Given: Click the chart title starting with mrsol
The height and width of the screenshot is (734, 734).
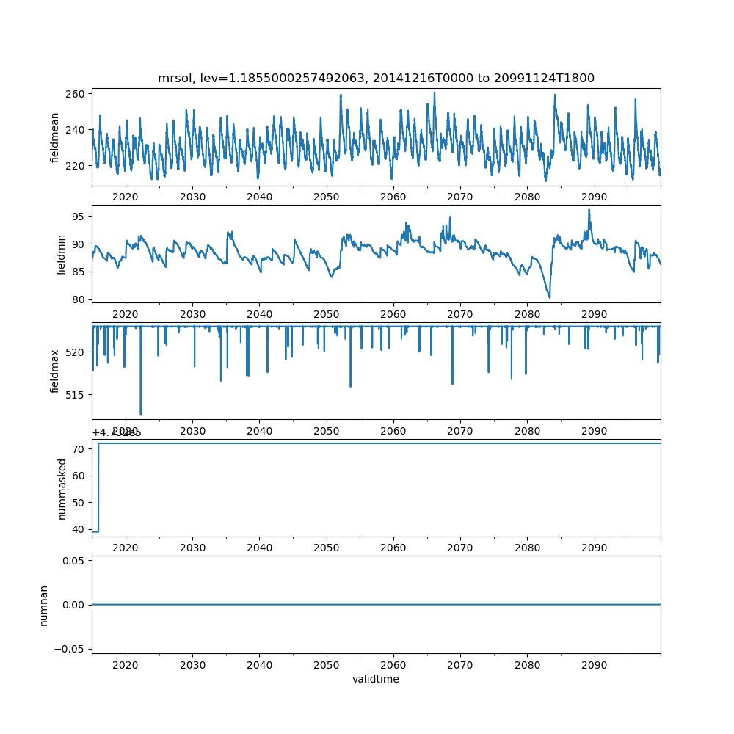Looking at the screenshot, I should click(x=376, y=78).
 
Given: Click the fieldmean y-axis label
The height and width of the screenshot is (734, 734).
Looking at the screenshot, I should click(x=55, y=138).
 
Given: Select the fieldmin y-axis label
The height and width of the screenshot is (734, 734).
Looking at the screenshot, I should click(x=61, y=255).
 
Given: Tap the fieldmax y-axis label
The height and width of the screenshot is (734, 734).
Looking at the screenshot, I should click(x=55, y=371).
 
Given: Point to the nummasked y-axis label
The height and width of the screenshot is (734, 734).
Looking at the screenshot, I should click(x=62, y=489).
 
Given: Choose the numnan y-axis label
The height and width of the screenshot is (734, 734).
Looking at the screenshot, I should click(x=43, y=605).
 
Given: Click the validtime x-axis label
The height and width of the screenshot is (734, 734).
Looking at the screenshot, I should click(x=376, y=679).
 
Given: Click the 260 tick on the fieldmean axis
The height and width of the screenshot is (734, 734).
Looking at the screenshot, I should click(x=77, y=94).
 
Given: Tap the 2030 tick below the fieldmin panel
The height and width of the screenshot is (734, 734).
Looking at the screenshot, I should click(x=192, y=313).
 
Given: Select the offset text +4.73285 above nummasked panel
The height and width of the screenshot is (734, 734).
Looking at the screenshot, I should click(x=117, y=432).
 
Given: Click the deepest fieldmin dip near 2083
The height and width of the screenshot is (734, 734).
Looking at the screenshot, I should click(x=549, y=297).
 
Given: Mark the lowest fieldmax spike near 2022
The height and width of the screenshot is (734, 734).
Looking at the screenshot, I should click(x=141, y=414).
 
